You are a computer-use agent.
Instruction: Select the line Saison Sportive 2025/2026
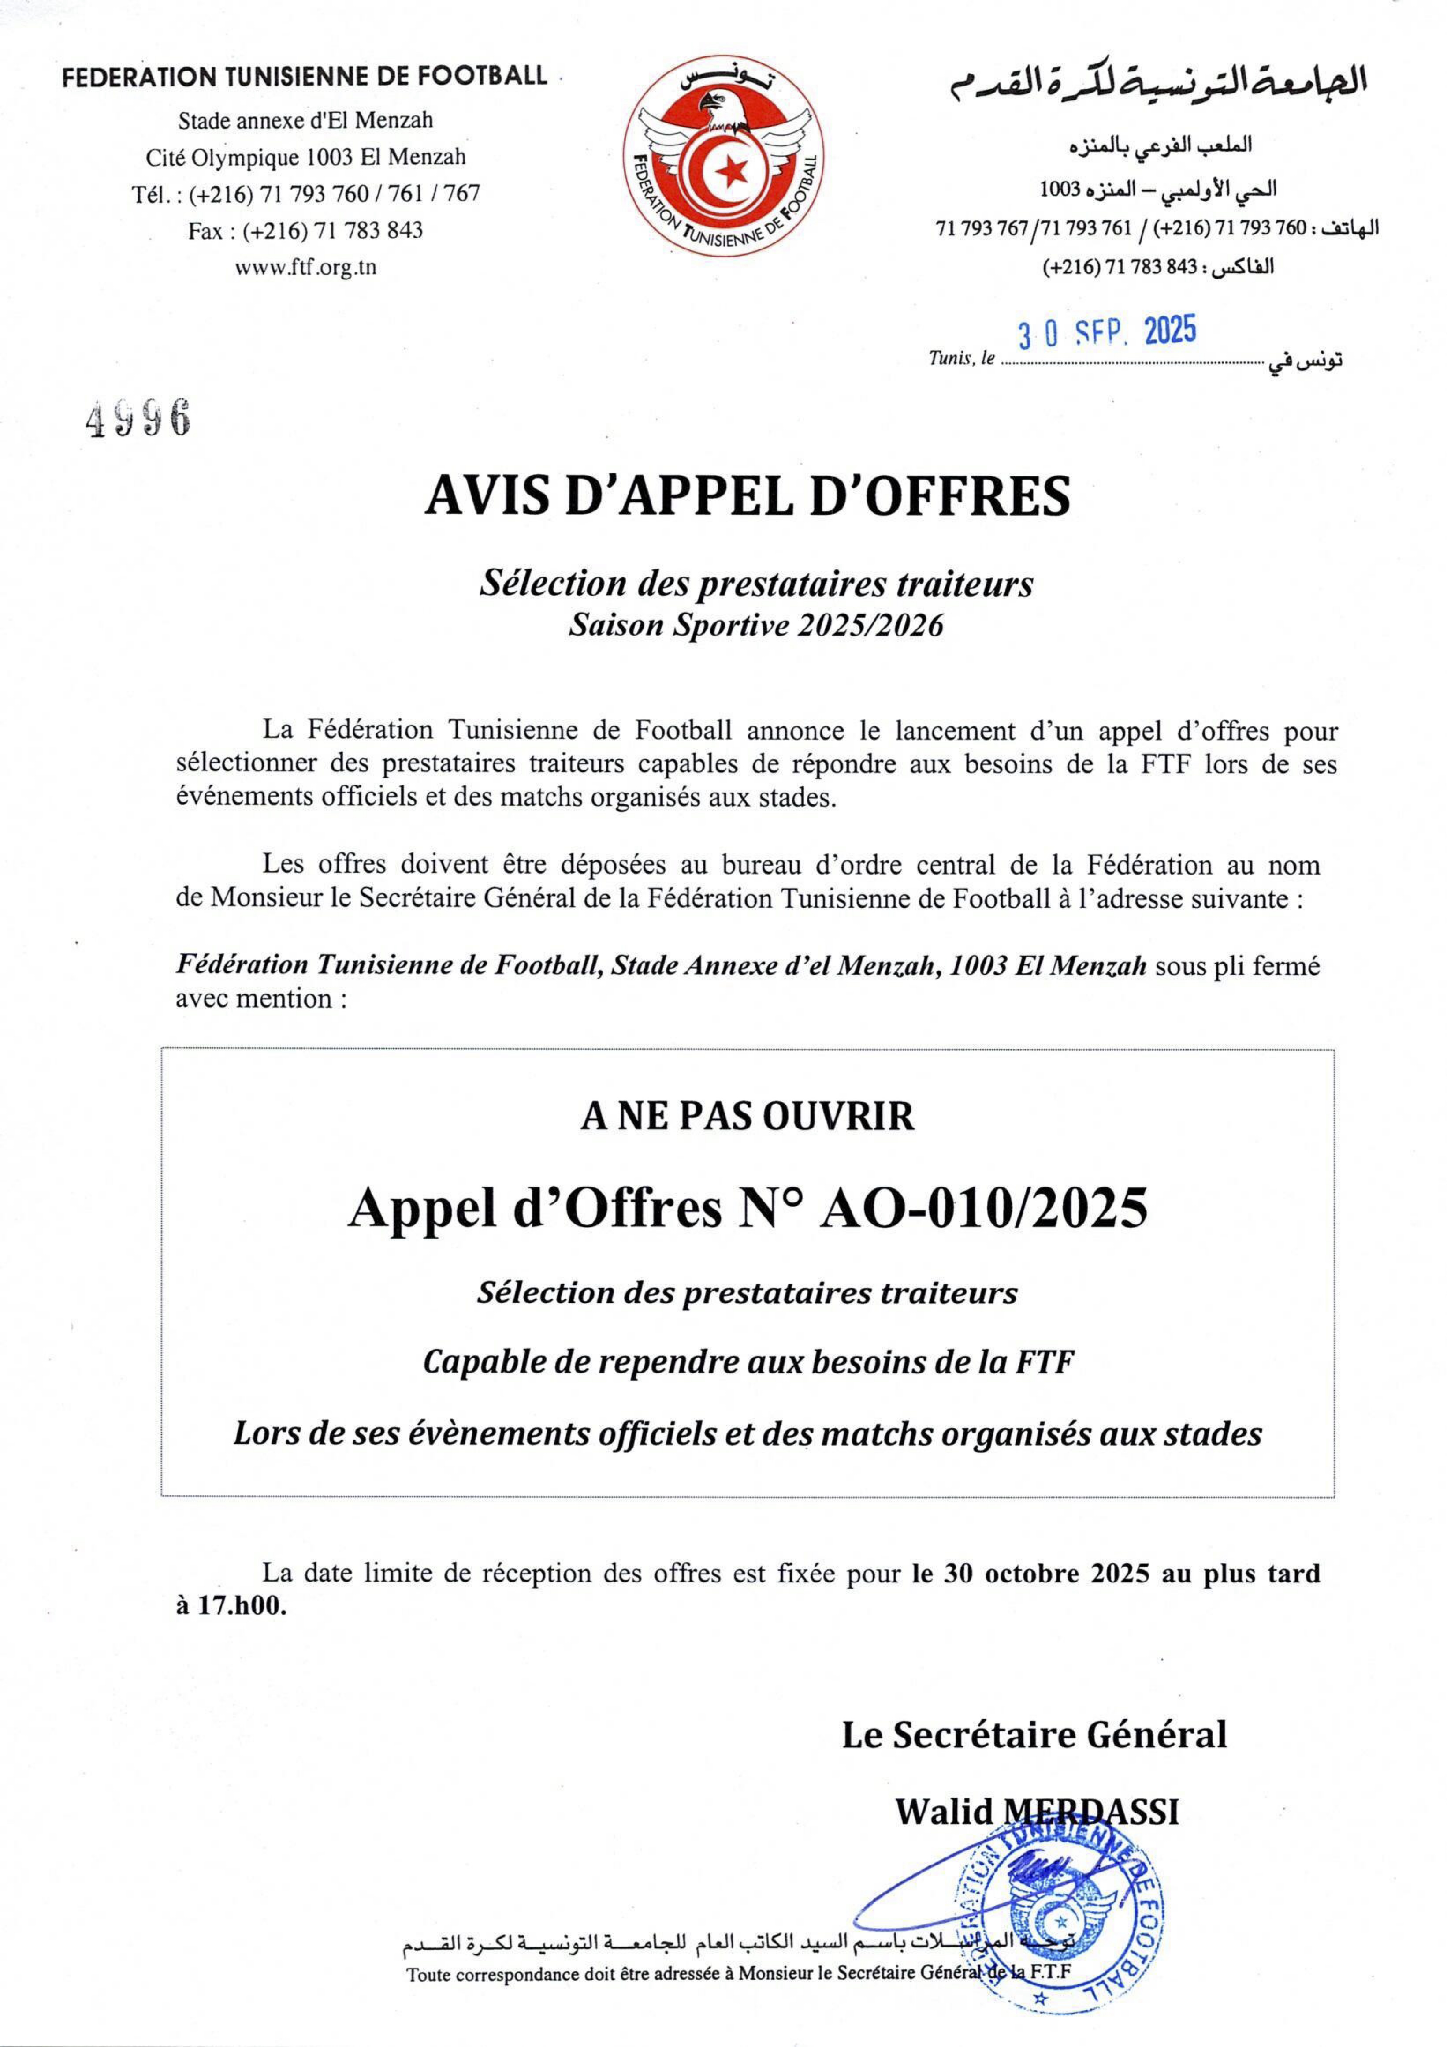(756, 625)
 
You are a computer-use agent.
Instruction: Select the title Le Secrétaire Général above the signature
(1034, 1733)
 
